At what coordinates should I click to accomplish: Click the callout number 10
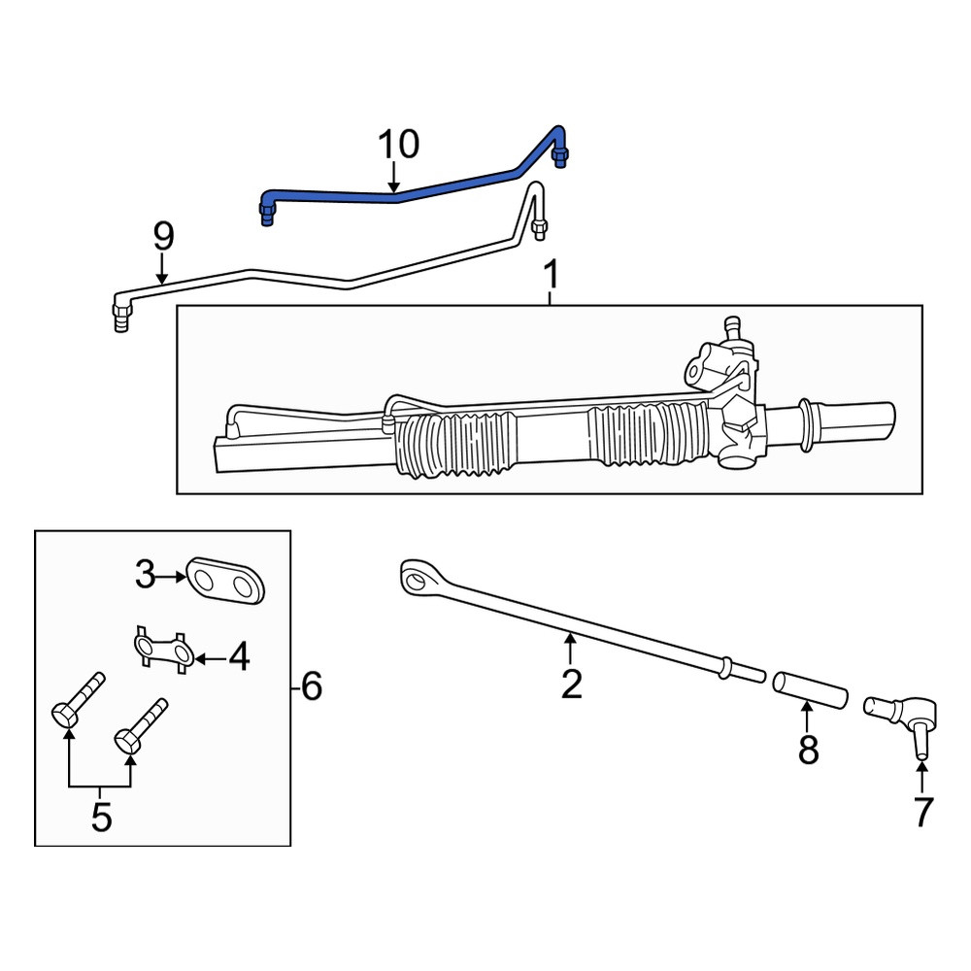(x=398, y=145)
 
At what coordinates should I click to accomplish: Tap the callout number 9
(x=163, y=237)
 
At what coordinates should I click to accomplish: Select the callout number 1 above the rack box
(x=551, y=275)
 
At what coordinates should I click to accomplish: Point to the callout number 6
(x=311, y=686)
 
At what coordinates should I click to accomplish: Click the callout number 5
(x=102, y=817)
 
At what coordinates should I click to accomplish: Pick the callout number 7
(x=922, y=811)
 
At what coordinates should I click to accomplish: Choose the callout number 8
(x=808, y=750)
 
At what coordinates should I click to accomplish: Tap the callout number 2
(x=571, y=684)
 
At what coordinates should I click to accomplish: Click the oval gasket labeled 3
(x=226, y=580)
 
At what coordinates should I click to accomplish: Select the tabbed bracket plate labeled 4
(x=164, y=650)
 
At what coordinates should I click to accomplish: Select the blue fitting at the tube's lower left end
(x=267, y=214)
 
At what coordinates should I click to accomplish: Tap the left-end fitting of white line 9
(x=121, y=316)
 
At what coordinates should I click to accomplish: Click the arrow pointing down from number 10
(x=394, y=176)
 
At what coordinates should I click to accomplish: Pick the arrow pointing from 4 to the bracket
(x=211, y=659)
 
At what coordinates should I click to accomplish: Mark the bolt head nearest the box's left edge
(x=64, y=718)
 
